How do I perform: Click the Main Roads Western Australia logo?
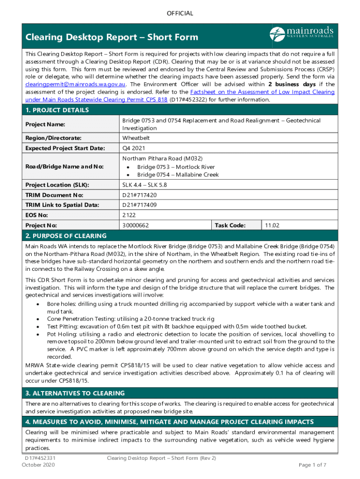[302, 34]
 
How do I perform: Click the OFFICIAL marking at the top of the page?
[180, 13]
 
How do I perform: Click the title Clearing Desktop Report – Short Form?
[112, 37]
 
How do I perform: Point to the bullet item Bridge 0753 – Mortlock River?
[176, 167]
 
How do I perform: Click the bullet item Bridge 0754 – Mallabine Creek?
[178, 174]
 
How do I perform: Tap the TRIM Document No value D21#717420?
[139, 195]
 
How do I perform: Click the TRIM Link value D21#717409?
[139, 205]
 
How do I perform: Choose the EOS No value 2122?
[129, 215]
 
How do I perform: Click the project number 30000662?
[136, 225]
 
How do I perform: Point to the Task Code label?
[230, 225]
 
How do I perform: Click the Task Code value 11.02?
[272, 225]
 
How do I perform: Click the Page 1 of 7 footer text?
[312, 465]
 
